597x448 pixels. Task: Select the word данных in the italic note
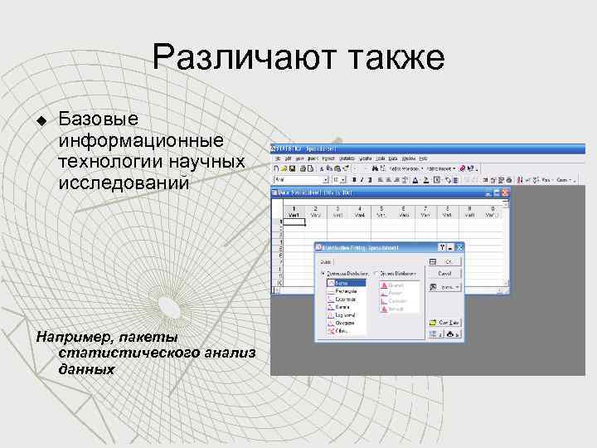[87, 368]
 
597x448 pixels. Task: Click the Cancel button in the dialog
[445, 272]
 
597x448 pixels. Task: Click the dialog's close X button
[459, 246]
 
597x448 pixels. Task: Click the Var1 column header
[294, 213]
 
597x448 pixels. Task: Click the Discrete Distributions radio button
[376, 273]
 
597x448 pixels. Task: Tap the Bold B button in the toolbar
[353, 179]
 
